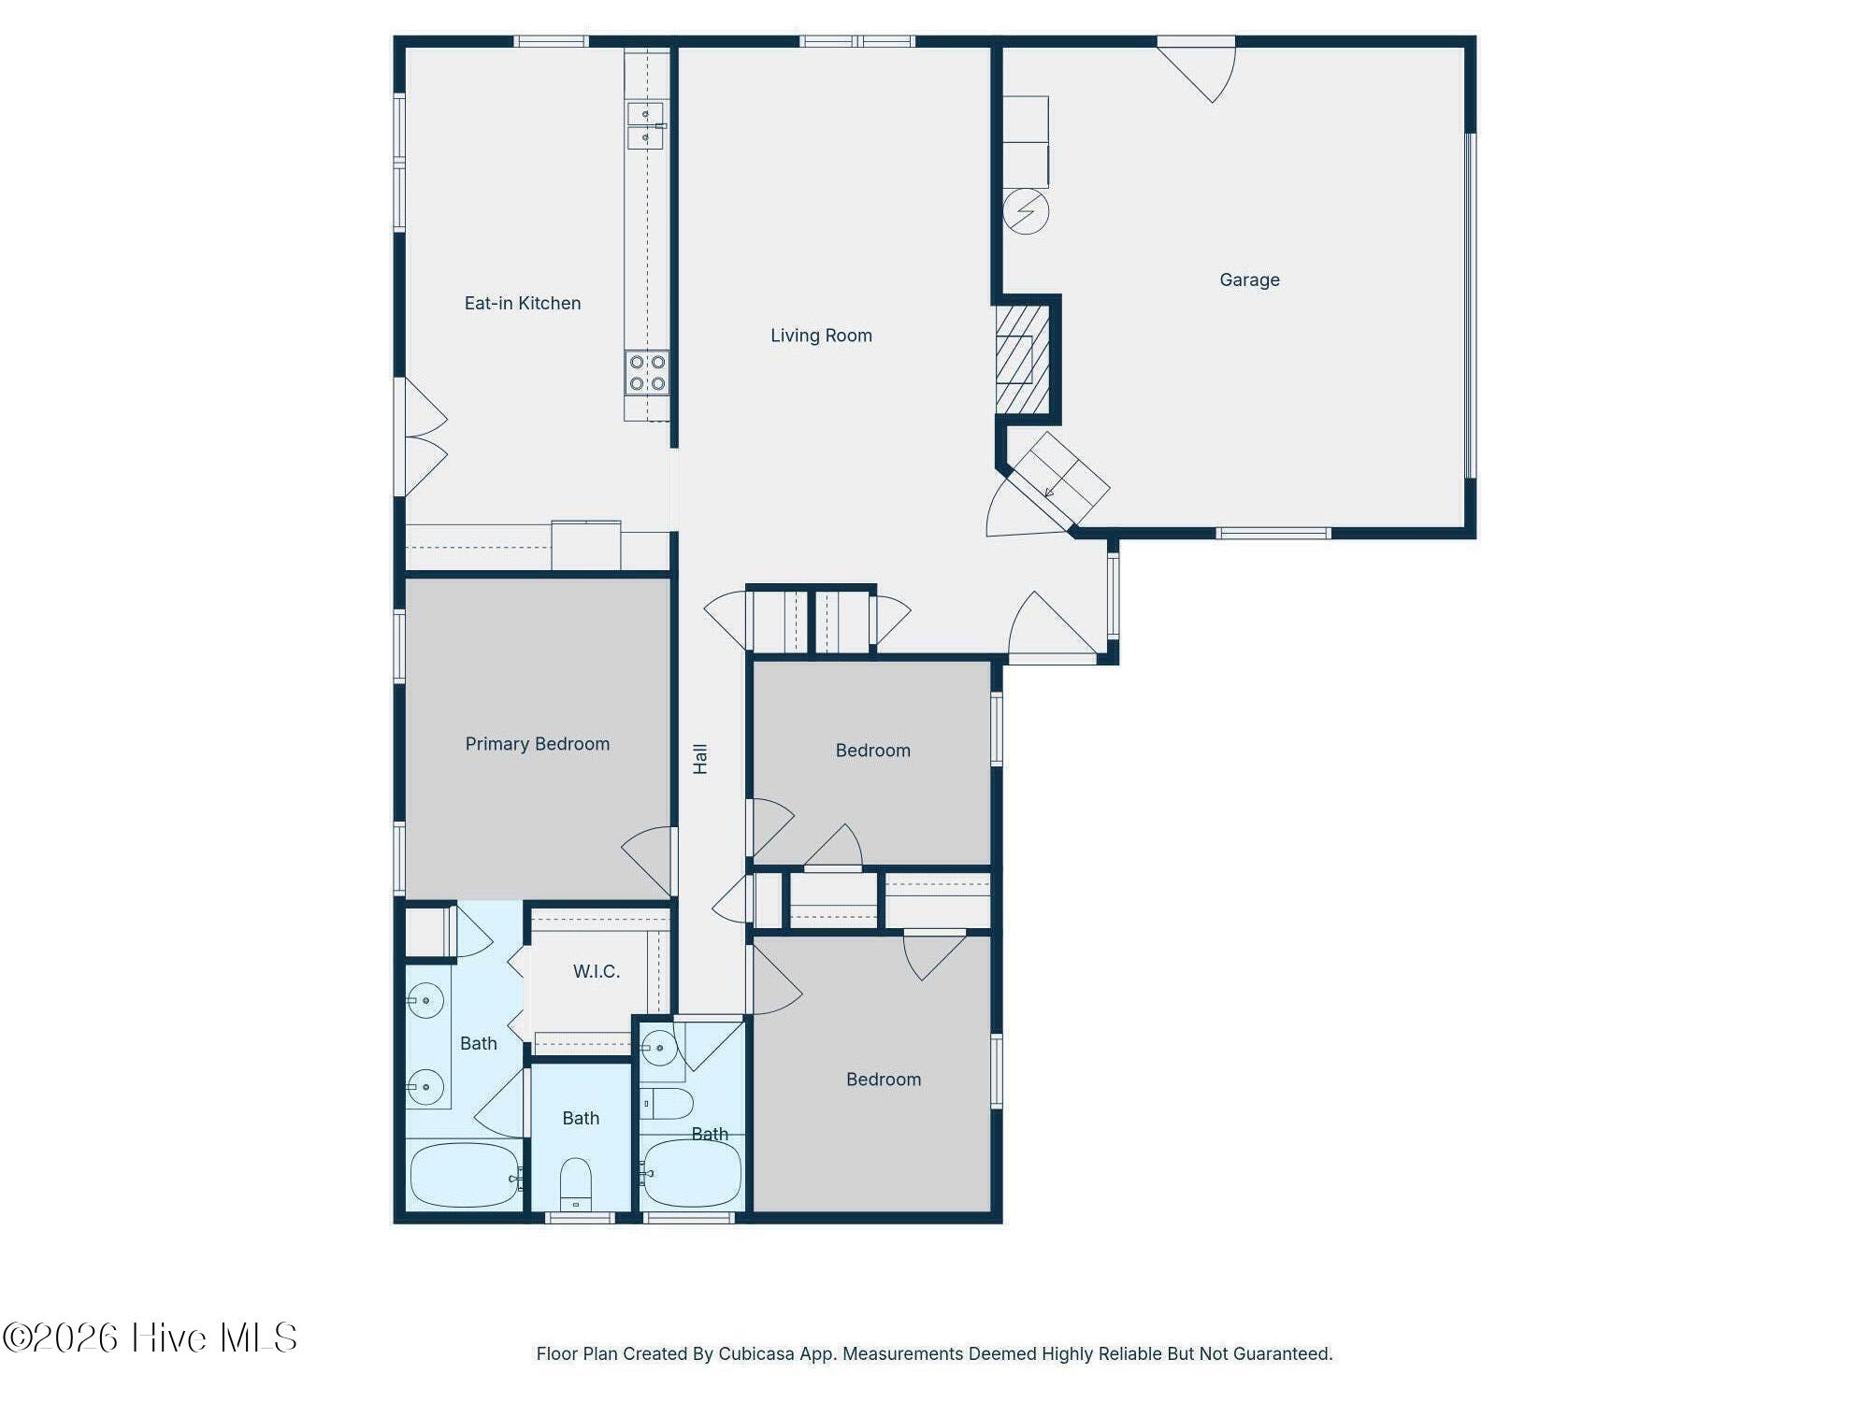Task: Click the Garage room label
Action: pos(1249,279)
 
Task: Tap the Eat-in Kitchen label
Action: pos(522,303)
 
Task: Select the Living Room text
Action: pos(821,336)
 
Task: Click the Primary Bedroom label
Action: pos(537,744)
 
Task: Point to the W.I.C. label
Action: pos(596,971)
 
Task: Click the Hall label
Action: pos(700,758)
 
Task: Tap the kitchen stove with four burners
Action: pos(647,372)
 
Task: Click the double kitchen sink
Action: pos(645,125)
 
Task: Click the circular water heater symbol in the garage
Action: pos(1026,211)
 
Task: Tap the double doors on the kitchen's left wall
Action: pos(423,437)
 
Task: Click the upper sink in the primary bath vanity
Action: pos(426,1001)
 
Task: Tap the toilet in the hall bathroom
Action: pos(668,1104)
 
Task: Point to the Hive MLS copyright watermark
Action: pos(150,1338)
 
